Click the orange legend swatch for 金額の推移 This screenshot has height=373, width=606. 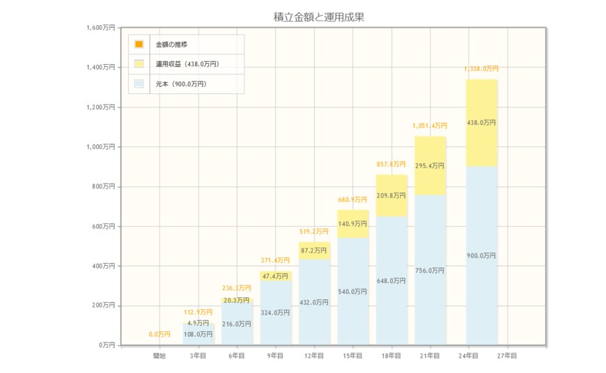(139, 45)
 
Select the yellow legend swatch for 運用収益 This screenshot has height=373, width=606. (139, 64)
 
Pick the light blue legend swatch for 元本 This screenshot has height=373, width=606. (139, 84)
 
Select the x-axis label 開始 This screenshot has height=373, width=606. (160, 356)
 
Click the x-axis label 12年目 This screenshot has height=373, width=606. (315, 356)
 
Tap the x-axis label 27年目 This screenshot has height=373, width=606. (508, 356)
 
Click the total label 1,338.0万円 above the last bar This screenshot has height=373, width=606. (481, 69)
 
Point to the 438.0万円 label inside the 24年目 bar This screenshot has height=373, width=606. (481, 122)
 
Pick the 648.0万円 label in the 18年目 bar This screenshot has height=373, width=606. (391, 281)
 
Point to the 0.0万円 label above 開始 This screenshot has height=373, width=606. (160, 335)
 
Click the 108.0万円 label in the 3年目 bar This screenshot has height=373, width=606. (198, 335)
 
